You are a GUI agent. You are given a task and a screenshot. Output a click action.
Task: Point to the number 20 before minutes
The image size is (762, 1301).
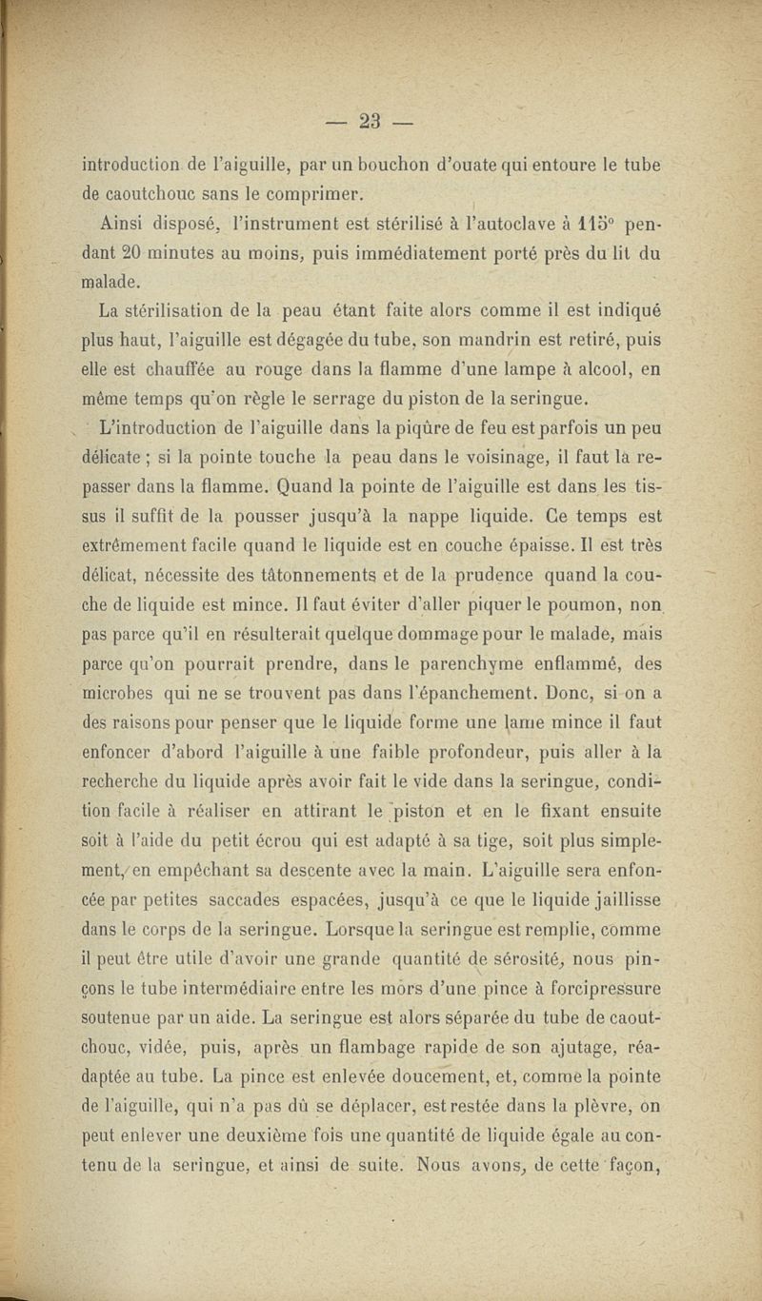coord(130,255)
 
